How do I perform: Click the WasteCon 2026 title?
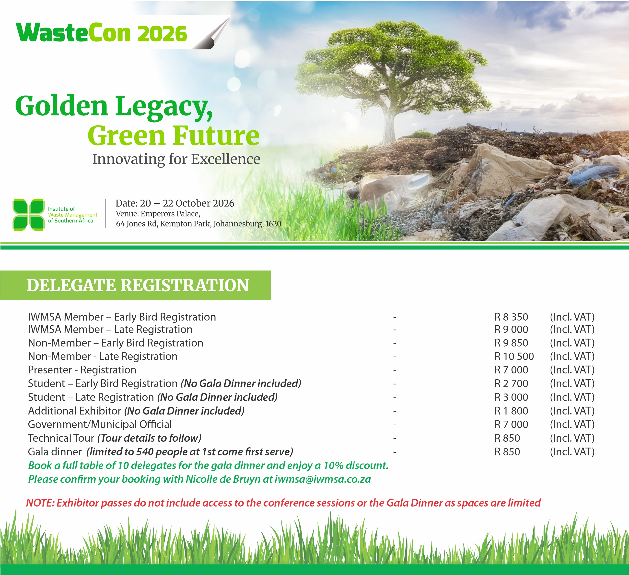pyautogui.click(x=101, y=33)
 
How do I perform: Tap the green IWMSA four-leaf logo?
pyautogui.click(x=28, y=214)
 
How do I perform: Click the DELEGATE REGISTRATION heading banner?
pyautogui.click(x=135, y=285)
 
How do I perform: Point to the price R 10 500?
pyautogui.click(x=514, y=356)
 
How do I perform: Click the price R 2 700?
pyautogui.click(x=511, y=383)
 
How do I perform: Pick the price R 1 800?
pyautogui.click(x=511, y=411)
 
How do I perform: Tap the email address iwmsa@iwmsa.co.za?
pyautogui.click(x=323, y=479)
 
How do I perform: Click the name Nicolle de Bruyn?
pyautogui.click(x=223, y=479)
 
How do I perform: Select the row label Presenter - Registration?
pyautogui.click(x=82, y=370)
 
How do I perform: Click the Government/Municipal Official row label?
pyautogui.click(x=100, y=425)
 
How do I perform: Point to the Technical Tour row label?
pyautogui.click(x=61, y=438)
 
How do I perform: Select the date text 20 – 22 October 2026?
pyautogui.click(x=187, y=203)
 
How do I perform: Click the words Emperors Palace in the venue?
pyautogui.click(x=170, y=214)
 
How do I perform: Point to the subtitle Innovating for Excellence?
pyautogui.click(x=176, y=159)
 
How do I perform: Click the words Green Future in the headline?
pyautogui.click(x=174, y=136)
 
